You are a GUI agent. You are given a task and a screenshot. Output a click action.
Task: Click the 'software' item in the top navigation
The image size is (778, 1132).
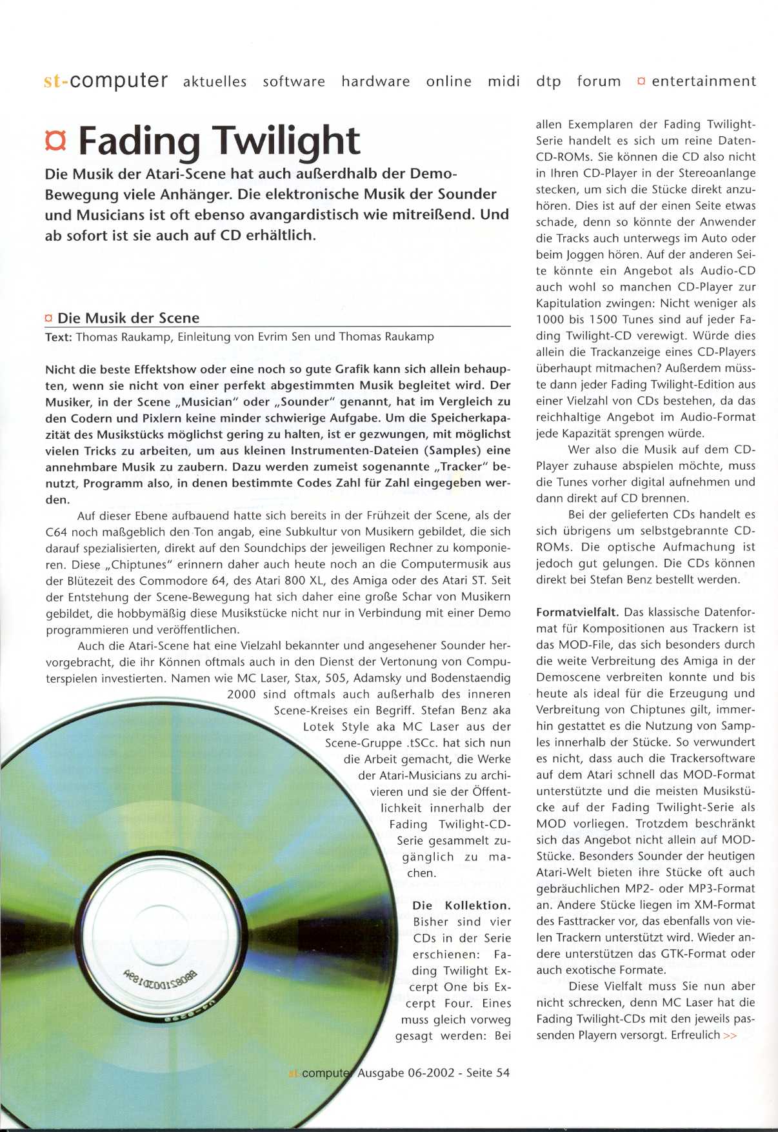pyautogui.click(x=294, y=81)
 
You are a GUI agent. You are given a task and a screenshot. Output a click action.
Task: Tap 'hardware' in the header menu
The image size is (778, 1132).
pyautogui.click(x=375, y=81)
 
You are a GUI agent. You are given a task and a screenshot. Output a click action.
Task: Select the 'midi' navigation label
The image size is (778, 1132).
pyautogui.click(x=504, y=81)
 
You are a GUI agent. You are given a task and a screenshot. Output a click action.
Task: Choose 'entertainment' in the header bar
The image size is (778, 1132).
pyautogui.click(x=704, y=81)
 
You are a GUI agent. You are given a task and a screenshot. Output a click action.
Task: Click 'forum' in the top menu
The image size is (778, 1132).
pyautogui.click(x=599, y=81)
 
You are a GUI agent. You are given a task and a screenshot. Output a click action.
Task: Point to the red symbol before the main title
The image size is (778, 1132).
pyautogui.click(x=56, y=141)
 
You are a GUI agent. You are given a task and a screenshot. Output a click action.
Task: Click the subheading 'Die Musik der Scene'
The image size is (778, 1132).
pyautogui.click(x=128, y=318)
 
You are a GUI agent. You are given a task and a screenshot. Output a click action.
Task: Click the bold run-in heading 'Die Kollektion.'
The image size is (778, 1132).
pyautogui.click(x=461, y=905)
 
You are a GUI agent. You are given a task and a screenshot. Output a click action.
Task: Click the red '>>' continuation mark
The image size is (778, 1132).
pyautogui.click(x=730, y=1035)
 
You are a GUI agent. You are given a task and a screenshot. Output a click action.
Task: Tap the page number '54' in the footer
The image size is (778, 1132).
pyautogui.click(x=503, y=1073)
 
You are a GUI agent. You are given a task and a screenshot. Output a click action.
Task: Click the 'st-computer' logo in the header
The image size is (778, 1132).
pyautogui.click(x=106, y=81)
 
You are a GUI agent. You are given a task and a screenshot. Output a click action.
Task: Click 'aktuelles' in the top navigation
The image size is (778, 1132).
pyautogui.click(x=215, y=81)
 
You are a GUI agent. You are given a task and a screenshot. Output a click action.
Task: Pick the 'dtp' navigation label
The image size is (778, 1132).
pyautogui.click(x=548, y=81)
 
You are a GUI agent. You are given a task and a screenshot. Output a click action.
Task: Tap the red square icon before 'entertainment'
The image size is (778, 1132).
pyautogui.click(x=641, y=81)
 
